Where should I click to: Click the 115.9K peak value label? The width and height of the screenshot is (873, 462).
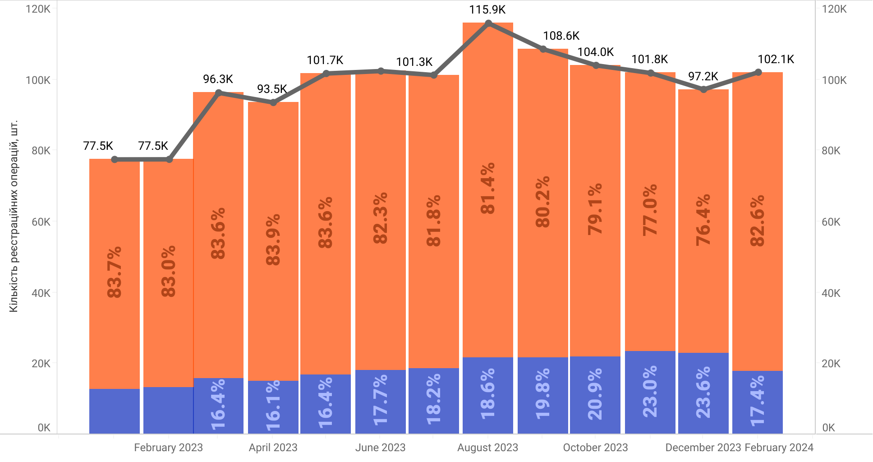coord(487,9)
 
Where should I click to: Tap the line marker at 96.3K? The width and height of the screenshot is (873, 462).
coord(219,93)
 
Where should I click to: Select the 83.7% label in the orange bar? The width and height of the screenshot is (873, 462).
coord(115,272)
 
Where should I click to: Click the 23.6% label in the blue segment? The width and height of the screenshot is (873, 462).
coord(703,393)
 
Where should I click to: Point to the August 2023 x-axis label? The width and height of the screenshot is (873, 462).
coord(487,448)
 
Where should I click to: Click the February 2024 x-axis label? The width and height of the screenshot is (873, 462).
coord(779,448)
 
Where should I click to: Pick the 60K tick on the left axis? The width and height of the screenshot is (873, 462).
coord(41,222)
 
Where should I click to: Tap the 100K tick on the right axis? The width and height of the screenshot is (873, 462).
coord(834,80)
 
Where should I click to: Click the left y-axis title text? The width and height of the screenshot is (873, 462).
coord(14,216)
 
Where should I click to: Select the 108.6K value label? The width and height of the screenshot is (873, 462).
coord(561,36)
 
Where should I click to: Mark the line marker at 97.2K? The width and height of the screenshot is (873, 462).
coord(703,89)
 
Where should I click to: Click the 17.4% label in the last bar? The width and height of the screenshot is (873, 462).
coord(758,401)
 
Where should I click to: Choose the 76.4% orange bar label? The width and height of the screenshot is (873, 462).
coord(703,220)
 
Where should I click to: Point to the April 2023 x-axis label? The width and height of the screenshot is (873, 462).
coord(273,448)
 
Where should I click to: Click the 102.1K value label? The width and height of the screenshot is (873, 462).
coord(776,59)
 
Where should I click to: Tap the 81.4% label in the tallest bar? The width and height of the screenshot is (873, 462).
coord(487,188)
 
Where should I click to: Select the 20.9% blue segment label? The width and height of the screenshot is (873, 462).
coord(595,394)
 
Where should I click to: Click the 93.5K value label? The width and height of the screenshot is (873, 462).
coord(272,89)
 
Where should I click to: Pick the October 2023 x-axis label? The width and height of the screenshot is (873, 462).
coord(595,448)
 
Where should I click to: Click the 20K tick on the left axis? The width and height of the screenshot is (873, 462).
coord(41,364)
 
